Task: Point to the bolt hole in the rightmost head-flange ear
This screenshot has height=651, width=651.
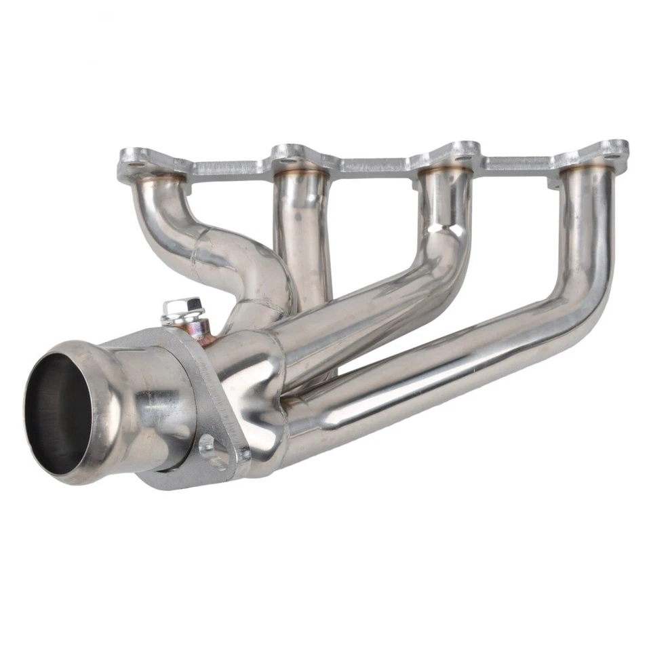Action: click(614, 153)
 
